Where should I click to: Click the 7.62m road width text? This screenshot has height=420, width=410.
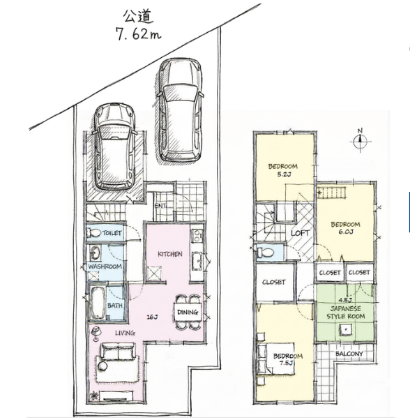pos(138,34)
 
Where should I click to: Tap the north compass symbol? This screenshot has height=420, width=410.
pos(360,141)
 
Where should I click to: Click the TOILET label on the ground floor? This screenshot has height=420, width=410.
pos(112,233)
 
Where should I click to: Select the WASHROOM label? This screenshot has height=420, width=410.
pos(105,267)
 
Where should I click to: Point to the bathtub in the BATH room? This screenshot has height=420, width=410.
pos(97,303)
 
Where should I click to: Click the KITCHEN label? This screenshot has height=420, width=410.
pos(170,254)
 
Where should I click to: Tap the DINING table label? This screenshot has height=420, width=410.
pos(188,312)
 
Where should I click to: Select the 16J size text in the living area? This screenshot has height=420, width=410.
pos(152,317)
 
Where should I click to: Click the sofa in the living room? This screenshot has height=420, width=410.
pos(118,352)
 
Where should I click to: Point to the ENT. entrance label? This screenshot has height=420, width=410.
pos(160,206)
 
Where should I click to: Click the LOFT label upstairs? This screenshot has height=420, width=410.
pos(300,233)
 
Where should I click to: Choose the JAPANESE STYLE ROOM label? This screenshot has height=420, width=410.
pos(346,313)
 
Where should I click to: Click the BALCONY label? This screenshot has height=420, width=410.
pos(349,354)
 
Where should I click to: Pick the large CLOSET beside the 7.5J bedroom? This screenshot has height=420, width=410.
pos(273,282)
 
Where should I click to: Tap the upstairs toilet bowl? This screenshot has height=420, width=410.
pos(266,253)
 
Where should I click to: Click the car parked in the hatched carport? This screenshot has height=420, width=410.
pos(115,147)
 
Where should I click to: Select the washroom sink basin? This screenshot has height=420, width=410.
pos(95,253)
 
